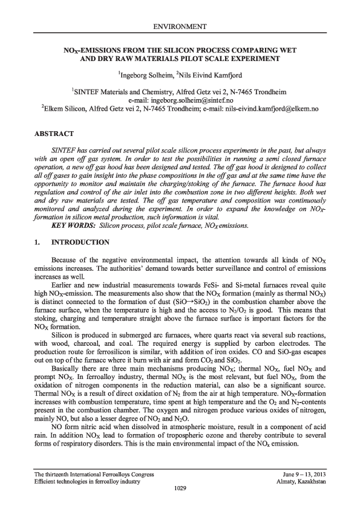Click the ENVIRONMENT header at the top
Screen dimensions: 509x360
coord(180,27)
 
